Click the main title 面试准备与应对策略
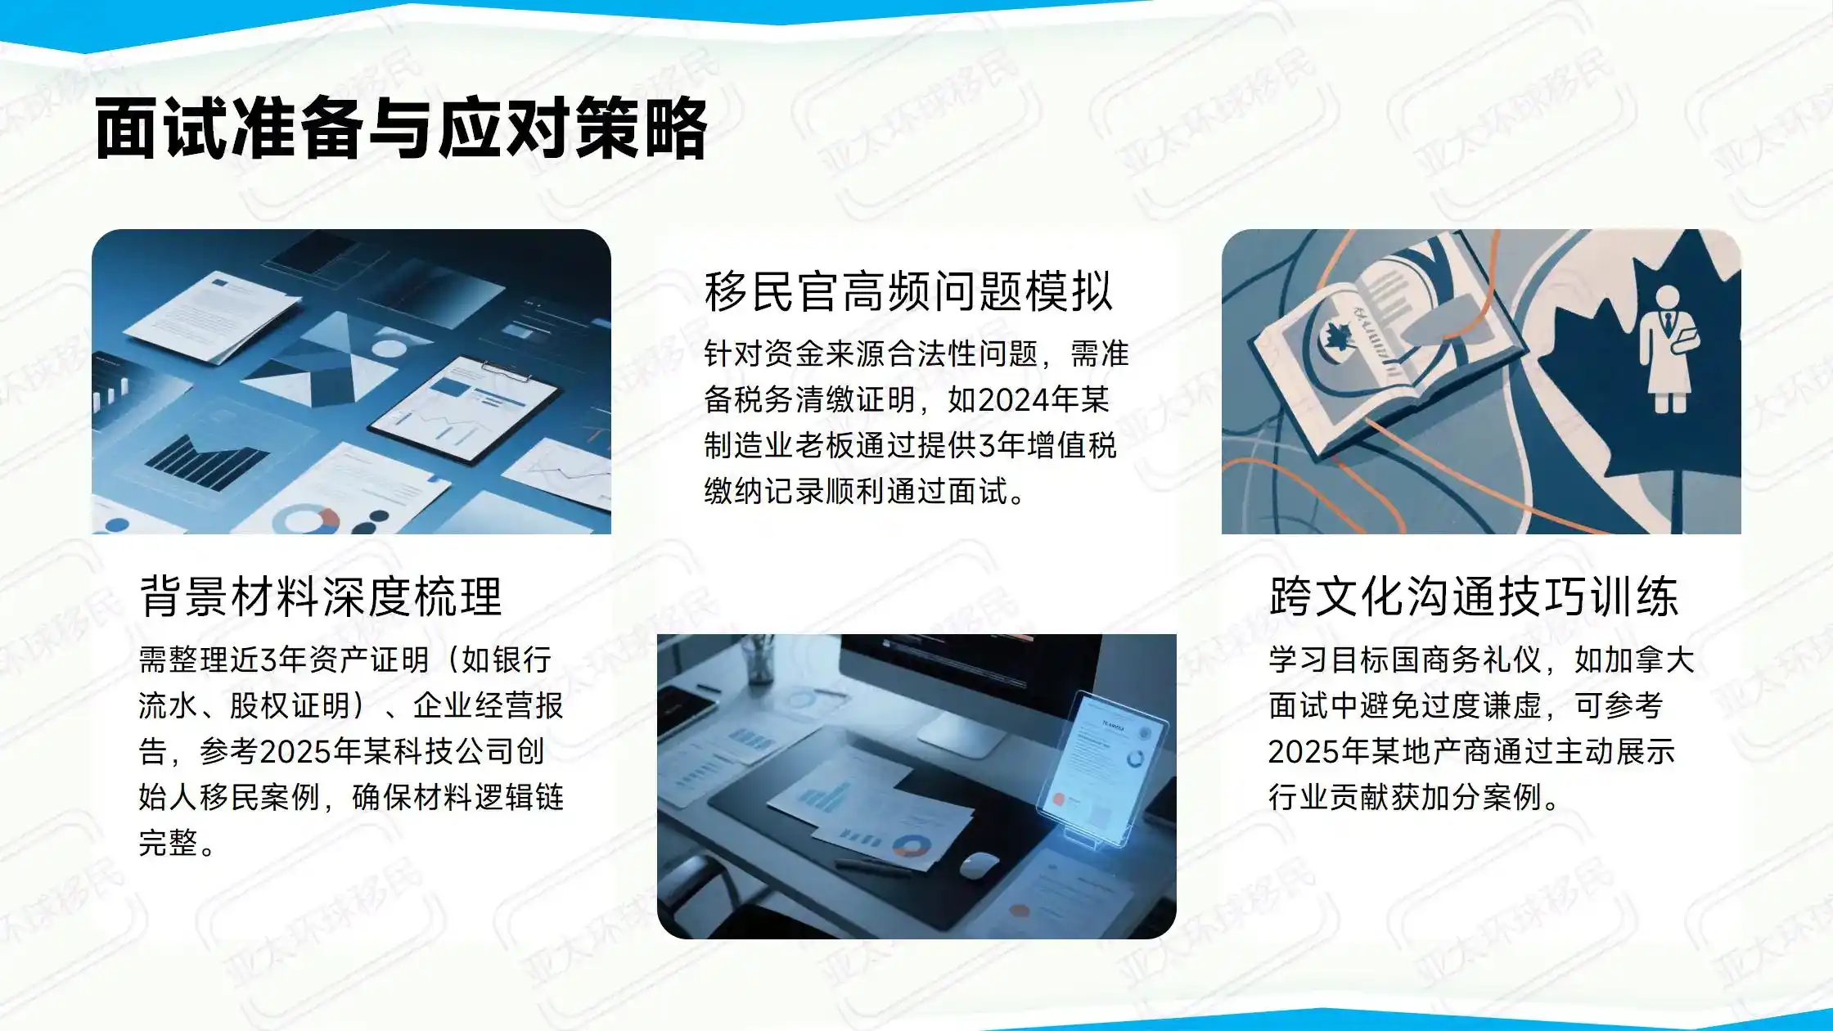(x=401, y=129)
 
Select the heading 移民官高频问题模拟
(x=908, y=291)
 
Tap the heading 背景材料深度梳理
(x=321, y=597)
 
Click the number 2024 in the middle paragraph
(x=1013, y=400)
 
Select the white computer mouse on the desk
(x=979, y=865)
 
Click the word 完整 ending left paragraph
(x=168, y=843)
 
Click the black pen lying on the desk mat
(x=871, y=866)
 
